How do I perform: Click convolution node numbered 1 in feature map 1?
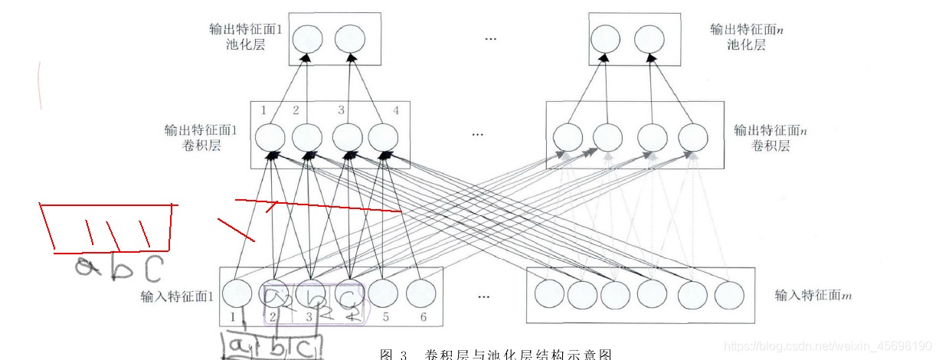[x=269, y=139]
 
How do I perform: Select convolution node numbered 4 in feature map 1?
[x=384, y=139]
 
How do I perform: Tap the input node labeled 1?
[x=237, y=294]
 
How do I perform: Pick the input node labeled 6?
[x=420, y=294]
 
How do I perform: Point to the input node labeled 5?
[x=384, y=294]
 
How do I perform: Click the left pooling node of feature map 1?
[x=306, y=39]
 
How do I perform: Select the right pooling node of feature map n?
[x=649, y=39]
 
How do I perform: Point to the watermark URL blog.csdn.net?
[x=827, y=347]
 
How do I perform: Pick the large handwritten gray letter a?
[x=86, y=267]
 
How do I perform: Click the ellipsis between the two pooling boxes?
[x=491, y=39]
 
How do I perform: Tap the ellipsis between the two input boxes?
[x=484, y=296]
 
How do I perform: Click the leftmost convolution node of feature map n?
[x=568, y=139]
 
